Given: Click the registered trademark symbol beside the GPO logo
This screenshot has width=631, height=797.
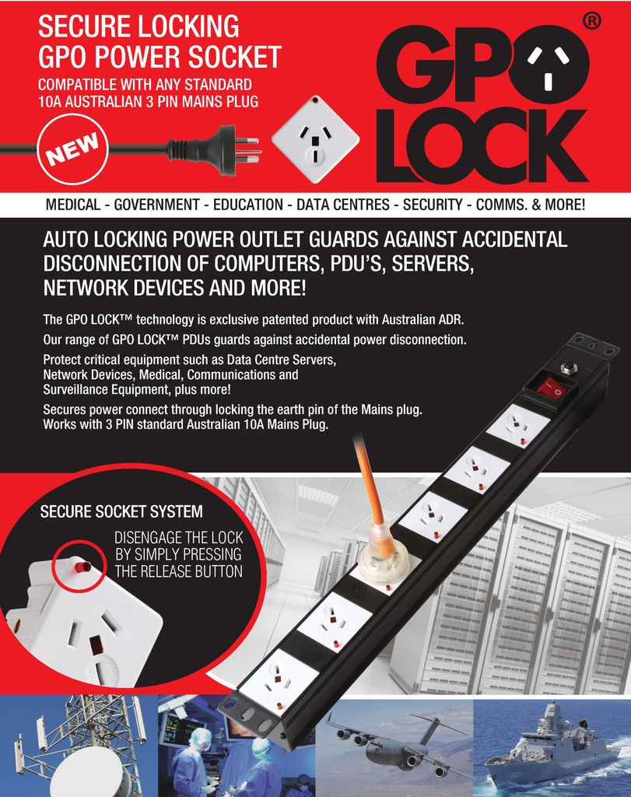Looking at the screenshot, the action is (591, 21).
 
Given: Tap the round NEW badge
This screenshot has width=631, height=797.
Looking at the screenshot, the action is (72, 149).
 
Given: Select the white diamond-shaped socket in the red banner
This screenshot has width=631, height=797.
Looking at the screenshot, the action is (316, 139).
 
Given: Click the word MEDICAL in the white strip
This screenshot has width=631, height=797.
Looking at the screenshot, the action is (72, 205).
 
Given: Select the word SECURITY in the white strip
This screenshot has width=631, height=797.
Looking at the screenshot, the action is (433, 205).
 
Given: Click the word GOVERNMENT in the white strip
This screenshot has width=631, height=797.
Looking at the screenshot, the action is (156, 205).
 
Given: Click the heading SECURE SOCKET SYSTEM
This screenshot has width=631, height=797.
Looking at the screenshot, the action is (121, 511).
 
